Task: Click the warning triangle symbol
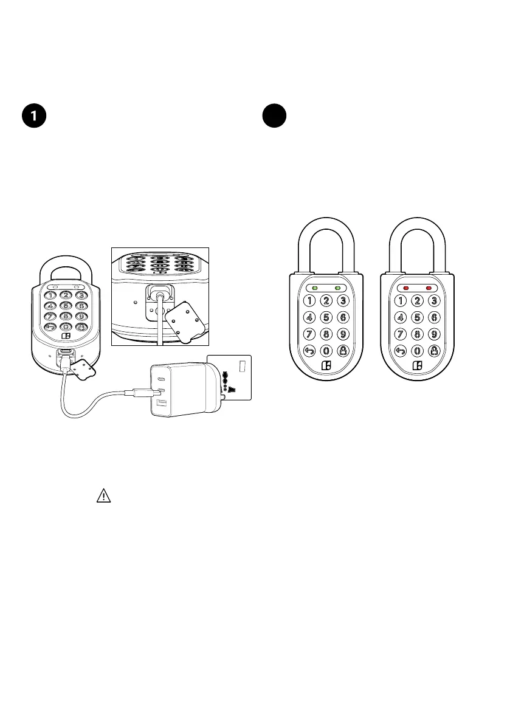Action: [x=103, y=496]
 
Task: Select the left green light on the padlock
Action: [x=313, y=288]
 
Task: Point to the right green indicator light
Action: [x=338, y=288]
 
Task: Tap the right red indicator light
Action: [x=429, y=288]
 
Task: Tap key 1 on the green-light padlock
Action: [x=309, y=300]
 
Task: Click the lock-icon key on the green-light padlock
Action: [x=343, y=350]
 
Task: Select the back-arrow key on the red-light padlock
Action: [x=401, y=350]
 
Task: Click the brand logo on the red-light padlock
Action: [x=418, y=366]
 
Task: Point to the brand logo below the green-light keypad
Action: [x=326, y=366]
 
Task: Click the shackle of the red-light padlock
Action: [x=417, y=228]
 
